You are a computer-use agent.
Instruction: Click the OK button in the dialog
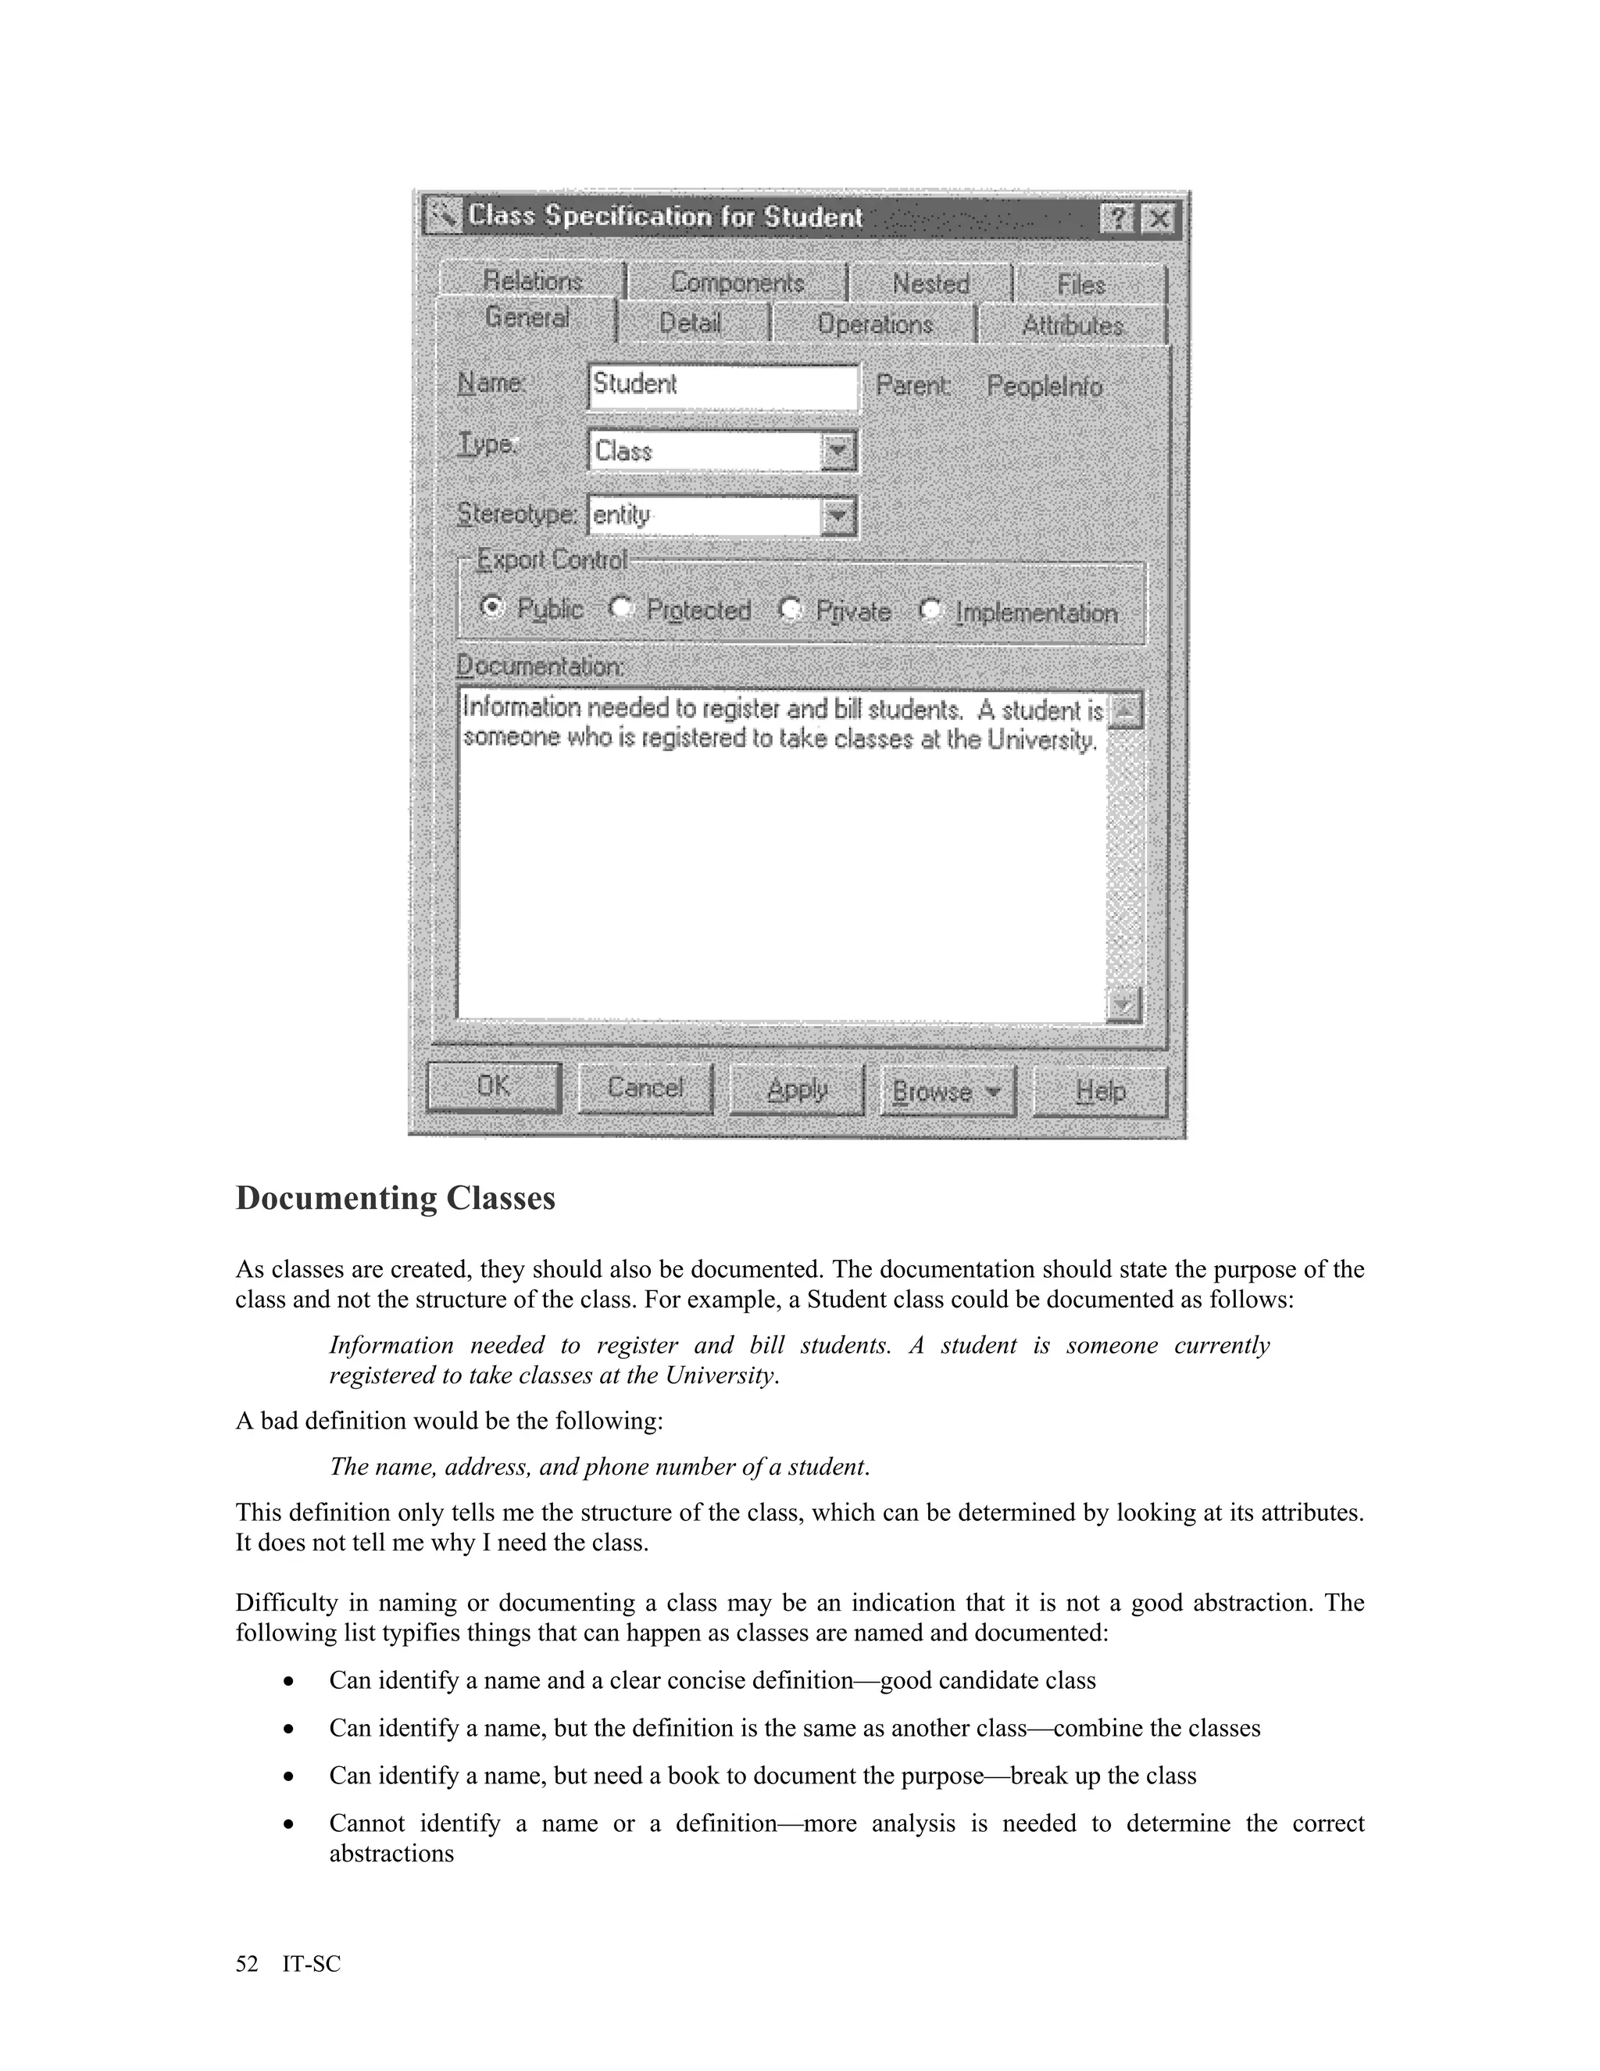coord(493,1087)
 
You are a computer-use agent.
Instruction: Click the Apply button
coord(796,1089)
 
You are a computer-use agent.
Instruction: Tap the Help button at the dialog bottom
coord(1099,1092)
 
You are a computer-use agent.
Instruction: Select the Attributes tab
coord(1072,325)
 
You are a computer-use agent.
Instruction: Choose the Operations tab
coord(874,324)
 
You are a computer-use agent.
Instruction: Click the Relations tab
coord(532,281)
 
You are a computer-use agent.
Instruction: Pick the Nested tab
coord(930,284)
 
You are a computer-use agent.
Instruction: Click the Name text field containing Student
coord(723,386)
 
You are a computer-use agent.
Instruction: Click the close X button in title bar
coord(1157,220)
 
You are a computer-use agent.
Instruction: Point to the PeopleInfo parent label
coord(1045,387)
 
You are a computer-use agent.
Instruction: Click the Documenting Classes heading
coord(395,1197)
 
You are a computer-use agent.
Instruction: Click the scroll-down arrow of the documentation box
coord(1123,1003)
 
